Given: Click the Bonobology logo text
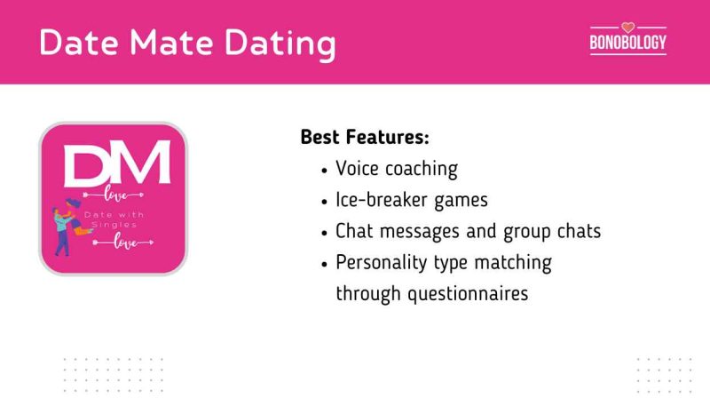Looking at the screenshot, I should tap(627, 42).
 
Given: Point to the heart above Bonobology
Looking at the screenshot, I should tap(627, 27).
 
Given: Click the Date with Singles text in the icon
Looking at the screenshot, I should tap(114, 221).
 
